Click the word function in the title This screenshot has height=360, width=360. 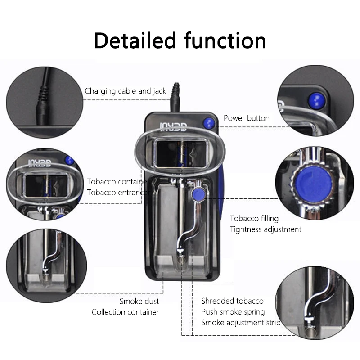point(225,40)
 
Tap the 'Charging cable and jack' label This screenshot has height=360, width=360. point(126,91)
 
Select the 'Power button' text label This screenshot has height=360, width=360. point(247,118)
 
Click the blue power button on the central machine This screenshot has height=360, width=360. point(208,122)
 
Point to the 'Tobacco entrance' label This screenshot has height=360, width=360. point(118,193)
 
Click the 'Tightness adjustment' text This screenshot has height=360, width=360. point(265,229)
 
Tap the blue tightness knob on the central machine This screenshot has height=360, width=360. point(197,194)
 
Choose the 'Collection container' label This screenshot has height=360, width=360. point(125,312)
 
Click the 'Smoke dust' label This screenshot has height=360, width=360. point(139,301)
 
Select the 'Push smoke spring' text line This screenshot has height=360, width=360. point(233,312)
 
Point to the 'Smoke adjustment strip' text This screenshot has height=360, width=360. point(240,323)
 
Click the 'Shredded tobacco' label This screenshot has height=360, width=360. point(232,301)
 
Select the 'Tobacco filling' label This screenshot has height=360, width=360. point(254,218)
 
